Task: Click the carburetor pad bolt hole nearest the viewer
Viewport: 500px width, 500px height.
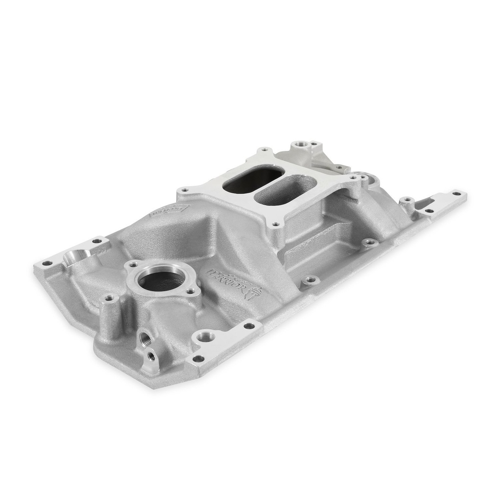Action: coord(276,225)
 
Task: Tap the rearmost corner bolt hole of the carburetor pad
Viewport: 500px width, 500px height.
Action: coord(265,149)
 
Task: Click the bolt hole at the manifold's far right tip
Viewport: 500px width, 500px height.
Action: coord(457,193)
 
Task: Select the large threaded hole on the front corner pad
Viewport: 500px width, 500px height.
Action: coord(206,336)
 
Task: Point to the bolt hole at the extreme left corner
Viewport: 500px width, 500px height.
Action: coord(48,263)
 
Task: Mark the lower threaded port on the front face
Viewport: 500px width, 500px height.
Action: coord(151,356)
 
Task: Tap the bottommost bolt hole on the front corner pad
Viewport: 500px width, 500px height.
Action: coord(199,359)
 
